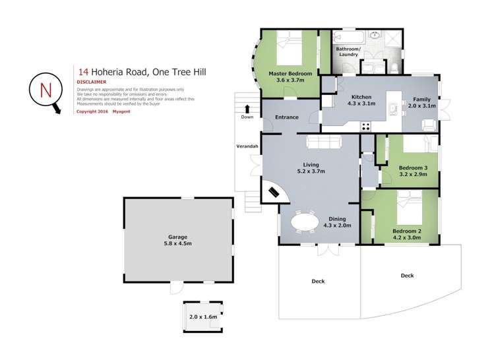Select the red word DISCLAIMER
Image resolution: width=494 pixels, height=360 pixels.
(x=92, y=82)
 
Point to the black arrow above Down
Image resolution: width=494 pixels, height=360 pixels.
(x=247, y=109)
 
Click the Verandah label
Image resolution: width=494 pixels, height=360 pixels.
(x=247, y=146)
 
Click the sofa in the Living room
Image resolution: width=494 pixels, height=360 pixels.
(x=324, y=142)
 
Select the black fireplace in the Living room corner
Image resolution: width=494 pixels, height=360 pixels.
(x=274, y=192)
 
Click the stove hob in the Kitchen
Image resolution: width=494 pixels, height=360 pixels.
(x=366, y=126)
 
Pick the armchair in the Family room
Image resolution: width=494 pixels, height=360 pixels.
(x=428, y=124)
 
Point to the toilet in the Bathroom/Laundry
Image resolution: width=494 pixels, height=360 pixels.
(x=392, y=67)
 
